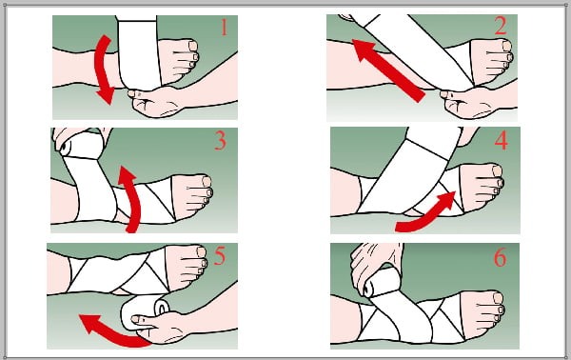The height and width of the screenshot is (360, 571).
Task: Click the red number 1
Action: click(x=225, y=28)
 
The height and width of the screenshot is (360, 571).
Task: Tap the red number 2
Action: click(x=501, y=26)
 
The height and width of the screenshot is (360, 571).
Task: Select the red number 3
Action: click(x=221, y=141)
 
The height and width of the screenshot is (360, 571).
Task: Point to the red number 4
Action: click(x=502, y=141)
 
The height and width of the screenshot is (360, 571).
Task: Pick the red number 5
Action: click(x=219, y=255)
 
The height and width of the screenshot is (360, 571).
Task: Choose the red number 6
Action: click(x=500, y=257)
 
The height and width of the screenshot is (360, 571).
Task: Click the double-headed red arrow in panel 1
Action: click(x=103, y=70)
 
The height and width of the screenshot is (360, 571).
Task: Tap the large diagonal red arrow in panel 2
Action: click(x=388, y=70)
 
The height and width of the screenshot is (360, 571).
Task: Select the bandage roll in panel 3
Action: click(x=82, y=146)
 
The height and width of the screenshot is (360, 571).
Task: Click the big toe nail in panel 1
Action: click(x=193, y=46)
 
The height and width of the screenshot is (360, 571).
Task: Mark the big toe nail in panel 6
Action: click(x=498, y=298)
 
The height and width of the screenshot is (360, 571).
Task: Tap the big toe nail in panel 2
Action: click(x=506, y=45)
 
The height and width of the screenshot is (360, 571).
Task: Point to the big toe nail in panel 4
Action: click(x=497, y=170)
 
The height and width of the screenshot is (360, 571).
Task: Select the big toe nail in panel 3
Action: click(x=207, y=182)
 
